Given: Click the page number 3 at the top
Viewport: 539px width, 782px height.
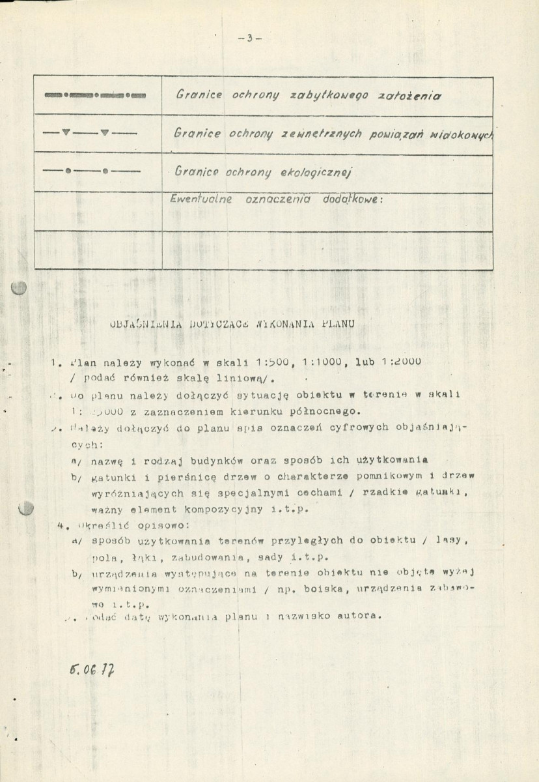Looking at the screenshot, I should click(x=249, y=38).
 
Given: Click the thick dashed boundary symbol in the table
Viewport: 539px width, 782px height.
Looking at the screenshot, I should click(x=96, y=96).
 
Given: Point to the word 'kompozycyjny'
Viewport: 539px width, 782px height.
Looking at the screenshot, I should click(x=214, y=509).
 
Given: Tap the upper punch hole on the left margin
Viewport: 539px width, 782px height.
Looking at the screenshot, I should click(x=20, y=288).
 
